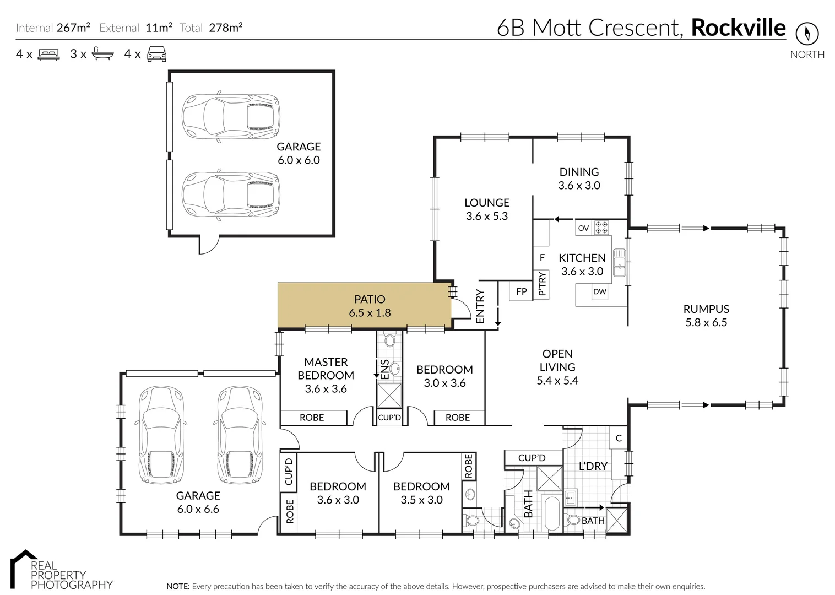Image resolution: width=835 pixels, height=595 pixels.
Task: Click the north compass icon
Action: click(x=807, y=34)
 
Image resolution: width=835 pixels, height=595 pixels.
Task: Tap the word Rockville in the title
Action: click(x=738, y=27)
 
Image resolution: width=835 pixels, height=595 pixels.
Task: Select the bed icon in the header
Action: click(x=48, y=54)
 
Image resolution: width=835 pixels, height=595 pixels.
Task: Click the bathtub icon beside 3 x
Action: click(x=103, y=54)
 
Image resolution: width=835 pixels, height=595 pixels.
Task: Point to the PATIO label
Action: click(x=370, y=299)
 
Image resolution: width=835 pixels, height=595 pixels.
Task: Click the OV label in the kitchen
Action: click(x=583, y=228)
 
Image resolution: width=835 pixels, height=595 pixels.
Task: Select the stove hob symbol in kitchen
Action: click(x=601, y=228)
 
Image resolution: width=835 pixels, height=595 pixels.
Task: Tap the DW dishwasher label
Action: click(x=599, y=291)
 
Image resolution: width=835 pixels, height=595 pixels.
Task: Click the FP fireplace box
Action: click(x=521, y=291)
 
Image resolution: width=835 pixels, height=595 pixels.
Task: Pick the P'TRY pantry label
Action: click(x=542, y=284)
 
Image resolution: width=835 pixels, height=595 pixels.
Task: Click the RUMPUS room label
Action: click(x=706, y=309)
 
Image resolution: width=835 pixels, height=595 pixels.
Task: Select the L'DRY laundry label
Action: click(x=593, y=466)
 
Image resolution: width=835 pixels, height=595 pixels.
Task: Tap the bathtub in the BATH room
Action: click(x=552, y=513)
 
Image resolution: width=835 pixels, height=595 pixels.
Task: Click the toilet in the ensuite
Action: click(x=390, y=339)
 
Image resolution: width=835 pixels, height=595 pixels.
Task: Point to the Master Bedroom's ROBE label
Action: click(x=312, y=418)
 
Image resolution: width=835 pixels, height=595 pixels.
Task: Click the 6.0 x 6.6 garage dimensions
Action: click(x=198, y=509)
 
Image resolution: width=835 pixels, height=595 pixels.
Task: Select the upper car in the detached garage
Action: click(x=231, y=116)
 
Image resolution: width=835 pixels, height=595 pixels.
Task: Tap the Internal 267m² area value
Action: click(x=73, y=28)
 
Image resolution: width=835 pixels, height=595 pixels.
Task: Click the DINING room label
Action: click(x=579, y=172)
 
